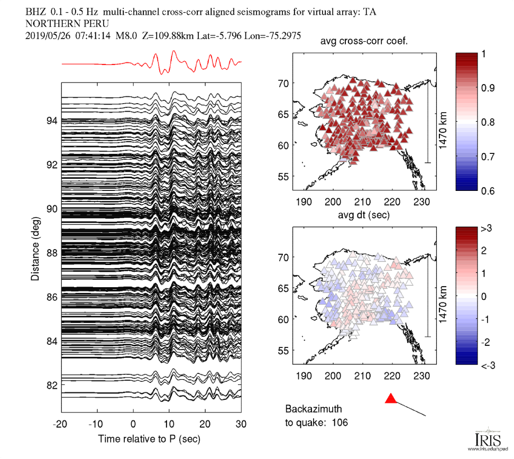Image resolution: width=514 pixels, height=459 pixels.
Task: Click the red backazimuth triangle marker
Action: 391,399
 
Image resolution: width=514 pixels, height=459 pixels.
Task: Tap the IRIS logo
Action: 484,438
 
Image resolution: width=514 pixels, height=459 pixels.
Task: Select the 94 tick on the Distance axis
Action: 51,121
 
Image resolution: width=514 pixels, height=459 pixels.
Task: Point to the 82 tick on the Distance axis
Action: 51,385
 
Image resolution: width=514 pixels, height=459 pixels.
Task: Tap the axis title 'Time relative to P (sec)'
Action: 149,439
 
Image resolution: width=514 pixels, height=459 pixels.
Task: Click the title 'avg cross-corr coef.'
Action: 364,42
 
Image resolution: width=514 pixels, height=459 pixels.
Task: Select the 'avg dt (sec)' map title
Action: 364,215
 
